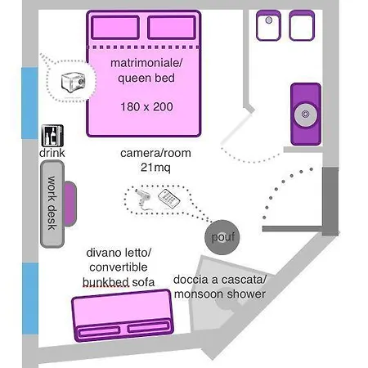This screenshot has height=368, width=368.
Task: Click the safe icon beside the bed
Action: [73, 82]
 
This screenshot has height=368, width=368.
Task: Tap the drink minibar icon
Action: [52, 136]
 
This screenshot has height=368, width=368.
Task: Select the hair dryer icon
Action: [143, 199]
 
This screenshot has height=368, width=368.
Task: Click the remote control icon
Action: [169, 199]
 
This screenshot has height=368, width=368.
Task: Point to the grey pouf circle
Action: [222, 237]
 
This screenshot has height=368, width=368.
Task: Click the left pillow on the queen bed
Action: [115, 28]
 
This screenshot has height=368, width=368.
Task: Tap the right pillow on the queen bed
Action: [172, 28]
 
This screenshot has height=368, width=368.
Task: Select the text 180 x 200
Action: [146, 106]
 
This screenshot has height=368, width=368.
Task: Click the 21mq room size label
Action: [155, 168]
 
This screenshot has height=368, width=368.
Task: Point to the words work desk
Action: [52, 203]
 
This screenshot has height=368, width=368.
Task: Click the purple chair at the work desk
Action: [70, 204]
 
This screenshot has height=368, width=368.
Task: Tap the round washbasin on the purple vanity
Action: [306, 114]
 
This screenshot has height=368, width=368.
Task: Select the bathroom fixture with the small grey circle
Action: [268, 25]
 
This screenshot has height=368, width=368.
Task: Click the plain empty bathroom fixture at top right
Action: [302, 25]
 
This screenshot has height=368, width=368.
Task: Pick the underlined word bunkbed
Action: [105, 282]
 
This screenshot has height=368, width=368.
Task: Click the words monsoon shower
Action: [220, 294]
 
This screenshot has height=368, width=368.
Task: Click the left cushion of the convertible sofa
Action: [99, 332]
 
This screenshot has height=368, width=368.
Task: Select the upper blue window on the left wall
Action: [29, 103]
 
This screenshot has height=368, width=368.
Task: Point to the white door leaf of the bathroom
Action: [236, 128]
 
